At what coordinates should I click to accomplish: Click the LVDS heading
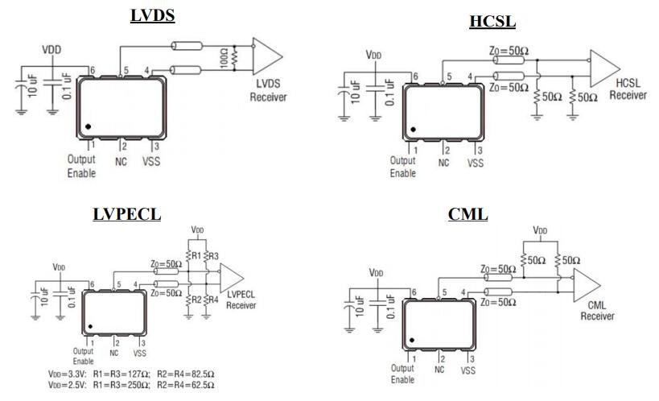pos(152,14)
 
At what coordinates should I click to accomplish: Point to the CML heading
pos(467,215)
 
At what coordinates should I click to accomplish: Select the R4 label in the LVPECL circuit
pos(213,300)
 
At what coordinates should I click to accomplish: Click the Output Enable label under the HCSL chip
pos(403,167)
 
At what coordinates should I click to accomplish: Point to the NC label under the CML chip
pos(439,370)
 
